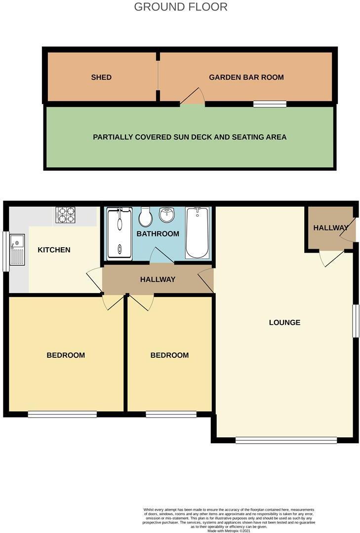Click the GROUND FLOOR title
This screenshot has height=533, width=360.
pyautogui.click(x=181, y=7)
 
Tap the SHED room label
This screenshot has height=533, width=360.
pyautogui.click(x=101, y=77)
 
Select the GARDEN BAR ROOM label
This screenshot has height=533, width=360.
pyautogui.click(x=246, y=77)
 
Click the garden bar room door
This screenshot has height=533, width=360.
pyautogui.click(x=193, y=97)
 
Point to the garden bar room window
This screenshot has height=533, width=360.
pyautogui.click(x=270, y=104)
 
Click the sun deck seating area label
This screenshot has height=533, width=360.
pyautogui.click(x=190, y=137)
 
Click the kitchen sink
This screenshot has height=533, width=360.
pyautogui.click(x=17, y=250)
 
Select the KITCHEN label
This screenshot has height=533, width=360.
pyautogui.click(x=54, y=250)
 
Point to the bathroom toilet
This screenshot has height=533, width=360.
pyautogui.click(x=146, y=216)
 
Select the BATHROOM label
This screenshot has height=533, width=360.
pyautogui.click(x=158, y=233)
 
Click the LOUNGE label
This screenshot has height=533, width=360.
pyautogui.click(x=284, y=323)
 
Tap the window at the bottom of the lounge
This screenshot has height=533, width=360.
pyautogui.click(x=286, y=440)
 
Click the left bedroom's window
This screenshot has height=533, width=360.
pyautogui.click(x=62, y=415)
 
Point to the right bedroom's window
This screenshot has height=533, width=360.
pyautogui.click(x=171, y=415)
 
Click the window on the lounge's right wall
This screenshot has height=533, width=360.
pyautogui.click(x=355, y=321)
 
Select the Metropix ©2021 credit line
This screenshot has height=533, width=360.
pyautogui.click(x=229, y=530)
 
